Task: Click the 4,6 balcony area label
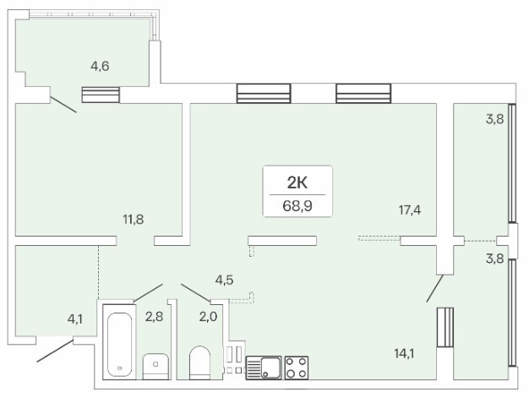pyautogui.click(x=100, y=66)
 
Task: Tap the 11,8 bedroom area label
pyautogui.click(x=134, y=220)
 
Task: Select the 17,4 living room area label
pyautogui.click(x=410, y=210)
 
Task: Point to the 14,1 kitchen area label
pyautogui.click(x=404, y=353)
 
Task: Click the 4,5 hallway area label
pyautogui.click(x=224, y=280)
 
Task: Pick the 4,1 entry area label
pyautogui.click(x=75, y=319)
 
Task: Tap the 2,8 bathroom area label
pyautogui.click(x=154, y=317)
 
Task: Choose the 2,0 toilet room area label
pyautogui.click(x=208, y=317)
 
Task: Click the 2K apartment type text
pyautogui.click(x=297, y=183)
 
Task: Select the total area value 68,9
pyautogui.click(x=297, y=205)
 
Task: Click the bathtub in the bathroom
pyautogui.click(x=119, y=342)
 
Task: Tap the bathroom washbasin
pyautogui.click(x=155, y=367)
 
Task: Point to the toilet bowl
pyautogui.click(x=199, y=362)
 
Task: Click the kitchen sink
pyautogui.click(x=264, y=368)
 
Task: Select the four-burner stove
pyautogui.click(x=297, y=368)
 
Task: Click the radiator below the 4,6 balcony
pyautogui.click(x=101, y=95)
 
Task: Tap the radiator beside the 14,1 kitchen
pyautogui.click(x=445, y=327)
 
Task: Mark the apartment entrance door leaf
pyautogui.click(x=55, y=351)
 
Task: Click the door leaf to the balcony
pyautogui.click(x=63, y=105)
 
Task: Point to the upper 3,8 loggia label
pyautogui.click(x=495, y=119)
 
